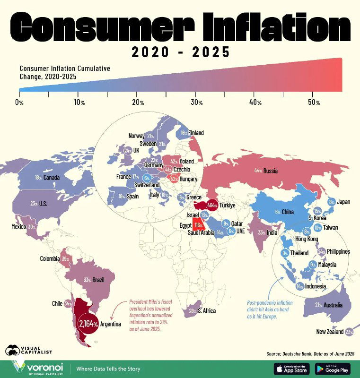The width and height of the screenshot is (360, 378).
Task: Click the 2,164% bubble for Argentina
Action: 88,324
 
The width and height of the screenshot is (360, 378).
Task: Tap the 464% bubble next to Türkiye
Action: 212,206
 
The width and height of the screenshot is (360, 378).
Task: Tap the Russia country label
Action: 271,171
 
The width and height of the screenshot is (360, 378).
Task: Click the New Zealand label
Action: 330,332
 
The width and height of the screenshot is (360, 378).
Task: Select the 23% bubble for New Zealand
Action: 350,332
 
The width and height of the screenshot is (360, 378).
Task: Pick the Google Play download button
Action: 333,369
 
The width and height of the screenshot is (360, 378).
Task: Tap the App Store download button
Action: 292,369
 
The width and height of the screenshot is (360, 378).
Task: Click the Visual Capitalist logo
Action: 28,350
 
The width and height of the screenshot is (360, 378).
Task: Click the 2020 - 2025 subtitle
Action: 180,52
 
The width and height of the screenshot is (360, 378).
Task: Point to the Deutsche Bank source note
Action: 310,353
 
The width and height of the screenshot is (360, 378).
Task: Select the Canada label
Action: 52,178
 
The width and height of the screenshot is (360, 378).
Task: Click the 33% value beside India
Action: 261,232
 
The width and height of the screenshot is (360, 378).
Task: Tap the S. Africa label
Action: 207,310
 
